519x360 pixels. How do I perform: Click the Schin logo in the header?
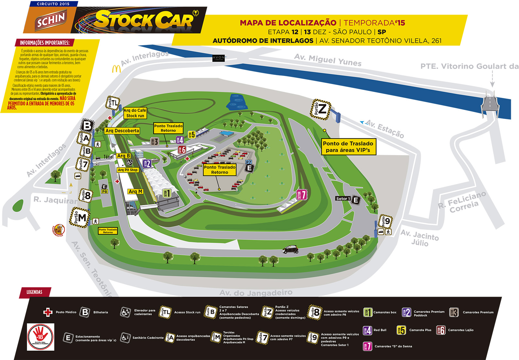50,20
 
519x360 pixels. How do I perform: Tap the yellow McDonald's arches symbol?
116,69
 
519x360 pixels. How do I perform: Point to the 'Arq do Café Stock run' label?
135,113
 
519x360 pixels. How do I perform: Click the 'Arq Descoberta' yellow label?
122,131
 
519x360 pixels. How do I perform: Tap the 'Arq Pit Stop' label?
128,170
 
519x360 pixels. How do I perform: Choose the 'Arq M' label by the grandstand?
135,192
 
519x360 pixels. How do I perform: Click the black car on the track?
290,249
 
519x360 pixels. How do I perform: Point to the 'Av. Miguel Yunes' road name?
328,60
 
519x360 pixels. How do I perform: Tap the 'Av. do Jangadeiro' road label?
255,293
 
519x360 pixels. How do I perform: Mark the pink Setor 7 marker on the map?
302,195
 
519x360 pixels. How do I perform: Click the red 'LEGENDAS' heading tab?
35,292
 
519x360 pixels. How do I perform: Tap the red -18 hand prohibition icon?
40,337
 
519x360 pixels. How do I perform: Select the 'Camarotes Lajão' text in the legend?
460,330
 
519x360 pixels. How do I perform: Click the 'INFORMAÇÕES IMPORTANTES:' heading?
45,43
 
